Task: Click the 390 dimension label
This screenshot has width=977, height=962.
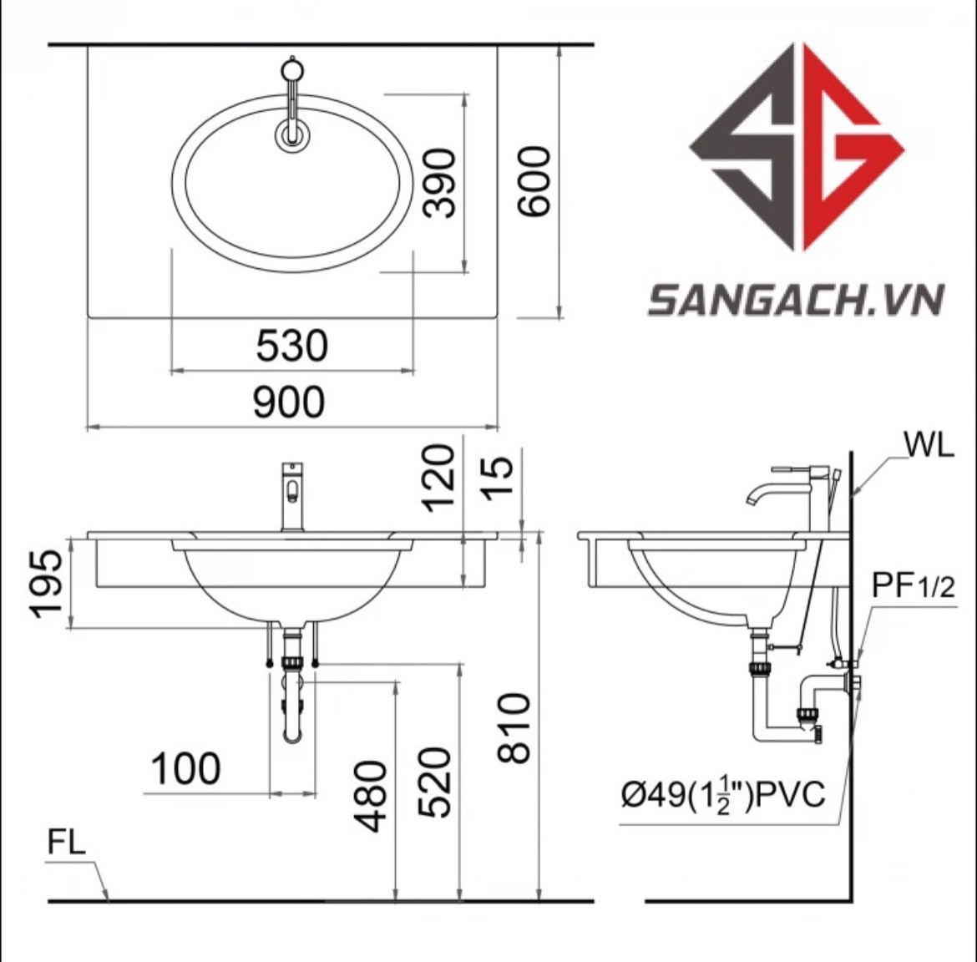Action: (x=439, y=183)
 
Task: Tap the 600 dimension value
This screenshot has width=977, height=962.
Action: (x=534, y=180)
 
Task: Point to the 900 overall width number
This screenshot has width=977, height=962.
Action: (x=288, y=401)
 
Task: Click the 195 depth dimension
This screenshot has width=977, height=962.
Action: (x=47, y=584)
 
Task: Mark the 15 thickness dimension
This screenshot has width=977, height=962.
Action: (x=498, y=477)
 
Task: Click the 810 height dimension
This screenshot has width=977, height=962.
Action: (x=514, y=727)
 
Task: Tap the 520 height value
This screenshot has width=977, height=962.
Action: (x=433, y=782)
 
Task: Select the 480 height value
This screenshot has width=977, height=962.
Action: (x=370, y=797)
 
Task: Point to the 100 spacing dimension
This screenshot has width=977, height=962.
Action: (x=185, y=768)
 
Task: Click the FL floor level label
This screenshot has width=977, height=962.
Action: (x=66, y=843)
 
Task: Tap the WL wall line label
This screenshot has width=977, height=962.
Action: (x=929, y=445)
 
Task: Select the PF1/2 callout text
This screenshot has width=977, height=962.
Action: (x=913, y=585)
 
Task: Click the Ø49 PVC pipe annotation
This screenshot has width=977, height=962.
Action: (x=723, y=794)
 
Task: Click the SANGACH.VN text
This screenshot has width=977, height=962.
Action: (x=796, y=300)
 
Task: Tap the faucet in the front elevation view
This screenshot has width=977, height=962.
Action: (x=292, y=497)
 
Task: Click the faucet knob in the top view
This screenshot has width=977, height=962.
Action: (x=291, y=68)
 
